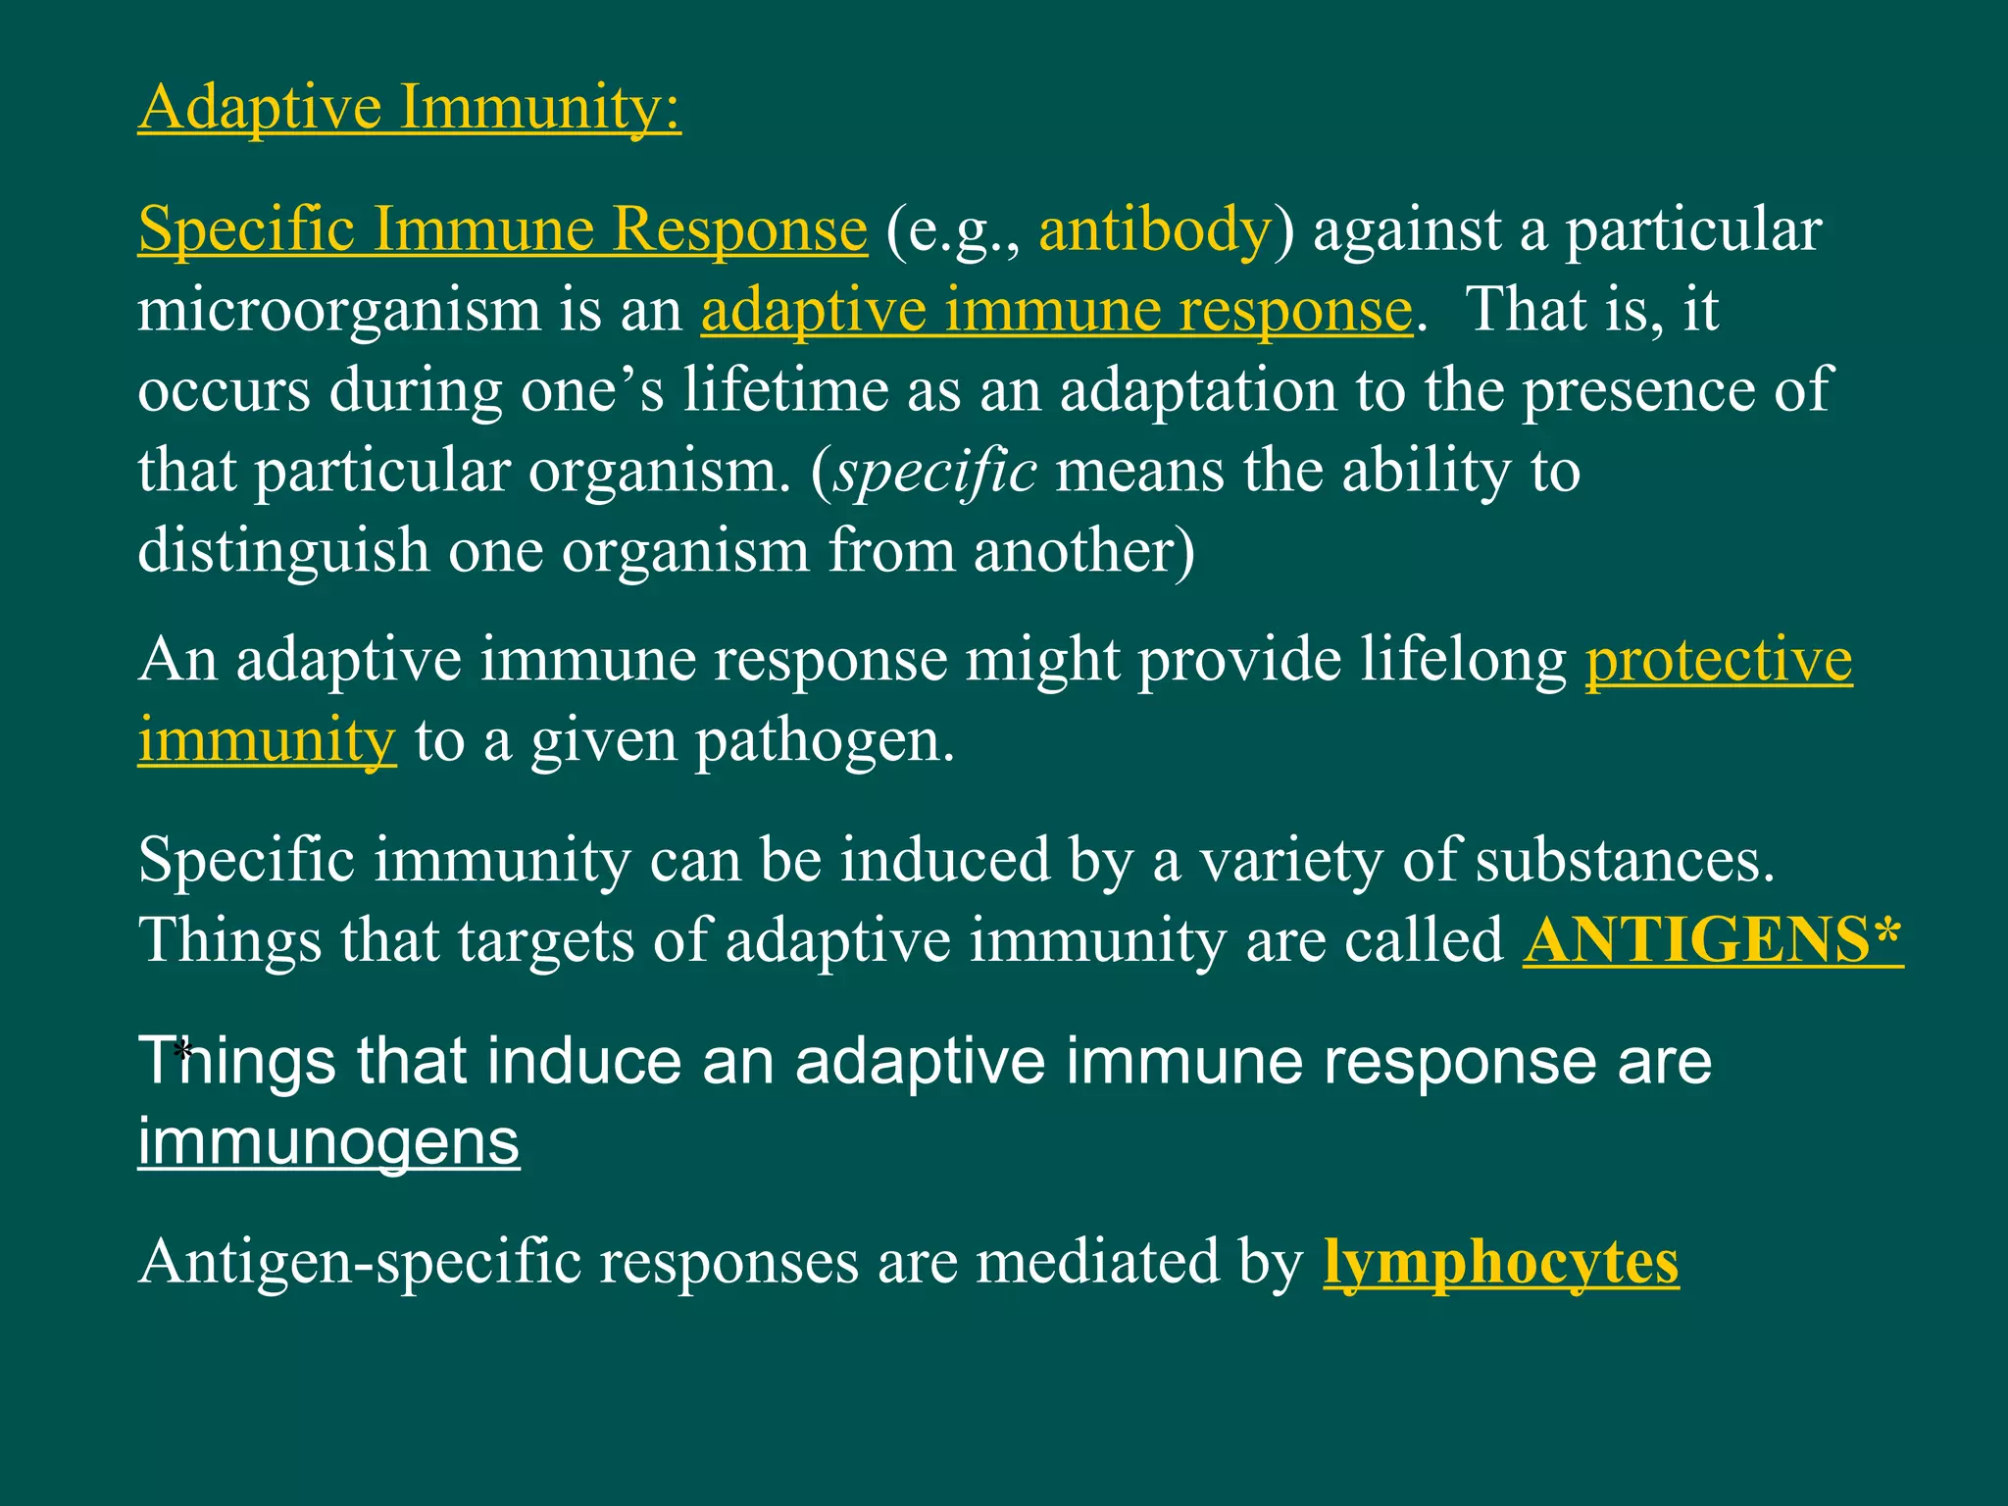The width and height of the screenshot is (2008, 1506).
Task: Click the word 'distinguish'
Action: tap(283, 551)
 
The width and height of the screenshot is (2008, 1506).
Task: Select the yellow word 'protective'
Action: tap(1719, 659)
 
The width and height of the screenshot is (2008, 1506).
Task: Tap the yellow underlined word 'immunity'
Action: tap(267, 739)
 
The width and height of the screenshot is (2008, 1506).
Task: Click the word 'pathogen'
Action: tap(822, 741)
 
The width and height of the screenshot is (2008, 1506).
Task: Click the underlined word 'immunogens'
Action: tap(328, 1142)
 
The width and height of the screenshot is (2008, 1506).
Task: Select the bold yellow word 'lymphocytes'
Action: tap(1500, 1262)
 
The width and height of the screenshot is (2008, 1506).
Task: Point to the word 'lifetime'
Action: tap(784, 390)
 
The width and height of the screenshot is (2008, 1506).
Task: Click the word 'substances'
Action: tap(1623, 860)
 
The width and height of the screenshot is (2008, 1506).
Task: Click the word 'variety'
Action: tap(1291, 860)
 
